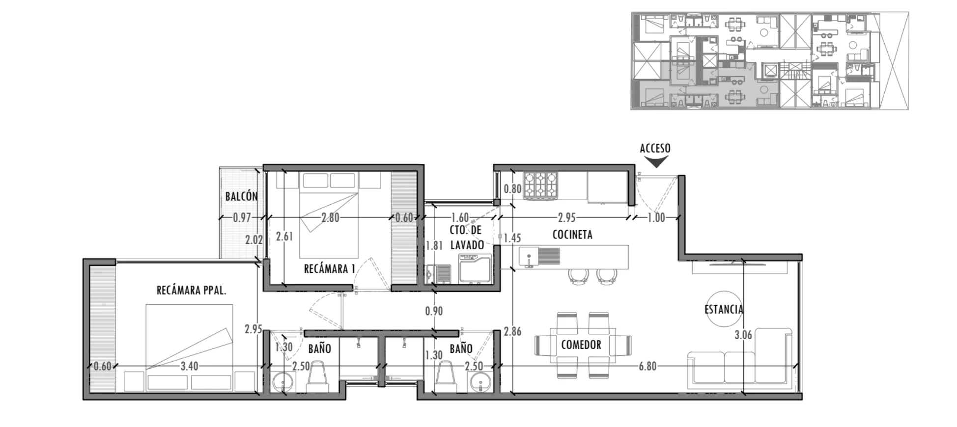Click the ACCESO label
655,148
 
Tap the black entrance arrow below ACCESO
656,161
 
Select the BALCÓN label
241,196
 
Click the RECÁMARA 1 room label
329,269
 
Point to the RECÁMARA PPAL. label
191,291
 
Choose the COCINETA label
572,235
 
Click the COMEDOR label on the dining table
581,345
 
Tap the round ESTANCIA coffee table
724,309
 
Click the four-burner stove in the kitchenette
540,186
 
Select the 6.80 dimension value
647,366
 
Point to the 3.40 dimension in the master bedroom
189,366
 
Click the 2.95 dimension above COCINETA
567,217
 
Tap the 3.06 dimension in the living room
743,335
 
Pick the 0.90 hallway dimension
434,311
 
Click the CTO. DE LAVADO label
467,238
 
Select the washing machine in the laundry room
475,268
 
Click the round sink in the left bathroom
283,383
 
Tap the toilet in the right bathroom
446,377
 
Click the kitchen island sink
529,257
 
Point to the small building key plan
769,61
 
